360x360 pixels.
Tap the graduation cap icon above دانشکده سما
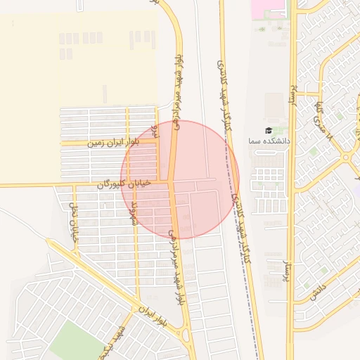pos(268,131)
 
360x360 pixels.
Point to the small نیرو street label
pos(157,131)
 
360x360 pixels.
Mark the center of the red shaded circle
pos(180,179)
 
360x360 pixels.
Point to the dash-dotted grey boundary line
pos(243,232)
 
